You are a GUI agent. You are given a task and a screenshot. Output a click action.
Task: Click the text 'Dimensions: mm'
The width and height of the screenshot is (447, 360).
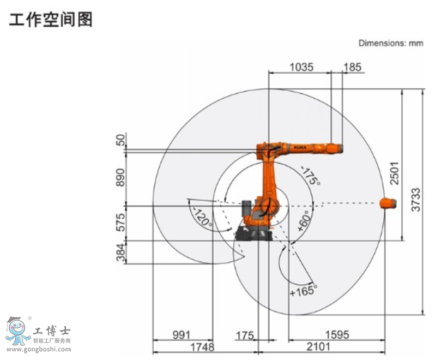coord(390,43)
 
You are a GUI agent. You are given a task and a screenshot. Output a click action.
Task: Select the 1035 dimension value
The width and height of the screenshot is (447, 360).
coord(301,68)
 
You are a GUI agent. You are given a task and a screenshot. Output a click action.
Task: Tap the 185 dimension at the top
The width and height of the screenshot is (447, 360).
coord(352,68)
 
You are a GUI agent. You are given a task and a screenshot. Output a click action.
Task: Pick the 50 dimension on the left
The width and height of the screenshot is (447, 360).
coord(120,140)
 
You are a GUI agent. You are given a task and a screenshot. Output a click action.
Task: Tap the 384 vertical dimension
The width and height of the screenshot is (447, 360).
coord(120,252)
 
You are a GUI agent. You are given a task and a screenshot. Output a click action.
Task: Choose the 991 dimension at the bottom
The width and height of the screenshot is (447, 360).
coord(182,335)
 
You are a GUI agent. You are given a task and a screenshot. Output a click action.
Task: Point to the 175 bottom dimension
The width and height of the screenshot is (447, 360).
coord(245,335)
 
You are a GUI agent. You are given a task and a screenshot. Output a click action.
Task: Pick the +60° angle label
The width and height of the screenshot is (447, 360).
coord(303,220)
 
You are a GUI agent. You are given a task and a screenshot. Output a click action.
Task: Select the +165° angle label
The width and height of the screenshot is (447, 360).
coord(303,290)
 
